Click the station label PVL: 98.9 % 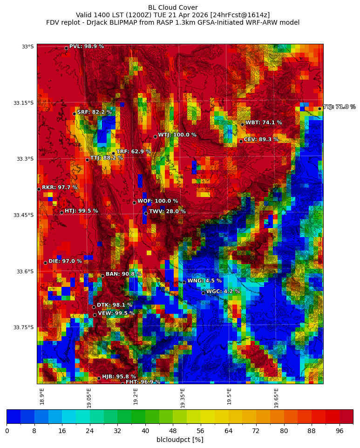86,47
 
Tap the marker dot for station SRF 74,114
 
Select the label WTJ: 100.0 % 177,135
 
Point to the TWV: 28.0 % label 167,211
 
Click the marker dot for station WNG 184,282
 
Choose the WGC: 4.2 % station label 223,292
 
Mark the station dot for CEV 241,141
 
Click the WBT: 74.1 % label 264,123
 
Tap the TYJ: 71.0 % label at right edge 339,107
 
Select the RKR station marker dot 39,189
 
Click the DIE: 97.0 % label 65,261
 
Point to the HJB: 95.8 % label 119,377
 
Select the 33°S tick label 27,47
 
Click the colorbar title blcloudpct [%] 180,440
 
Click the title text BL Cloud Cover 173,7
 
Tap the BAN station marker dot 102,276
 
